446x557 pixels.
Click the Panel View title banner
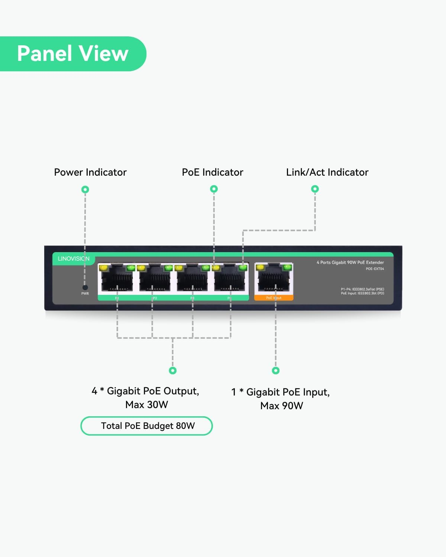(x=73, y=54)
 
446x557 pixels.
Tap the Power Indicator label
(x=90, y=172)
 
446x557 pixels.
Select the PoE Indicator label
(x=212, y=172)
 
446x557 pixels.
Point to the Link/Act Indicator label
(x=327, y=172)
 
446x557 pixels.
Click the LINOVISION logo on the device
(x=74, y=258)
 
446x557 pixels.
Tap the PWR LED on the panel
(x=85, y=287)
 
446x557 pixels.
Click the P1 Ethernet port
(x=117, y=279)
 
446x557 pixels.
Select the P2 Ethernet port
(x=155, y=279)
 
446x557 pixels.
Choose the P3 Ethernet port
(x=193, y=279)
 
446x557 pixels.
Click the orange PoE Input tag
(x=274, y=298)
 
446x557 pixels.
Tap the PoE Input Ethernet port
(x=274, y=279)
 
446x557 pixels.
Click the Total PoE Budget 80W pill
(x=147, y=426)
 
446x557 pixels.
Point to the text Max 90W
(x=281, y=406)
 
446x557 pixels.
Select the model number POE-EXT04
(x=375, y=269)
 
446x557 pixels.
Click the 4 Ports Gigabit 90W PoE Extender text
(x=350, y=263)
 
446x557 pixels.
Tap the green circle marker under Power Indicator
(x=85, y=189)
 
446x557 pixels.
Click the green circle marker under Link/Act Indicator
(x=315, y=189)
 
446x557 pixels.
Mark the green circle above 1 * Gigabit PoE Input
(x=275, y=370)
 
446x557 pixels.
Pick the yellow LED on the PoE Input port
(x=260, y=267)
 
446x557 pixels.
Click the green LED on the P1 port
(x=131, y=267)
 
